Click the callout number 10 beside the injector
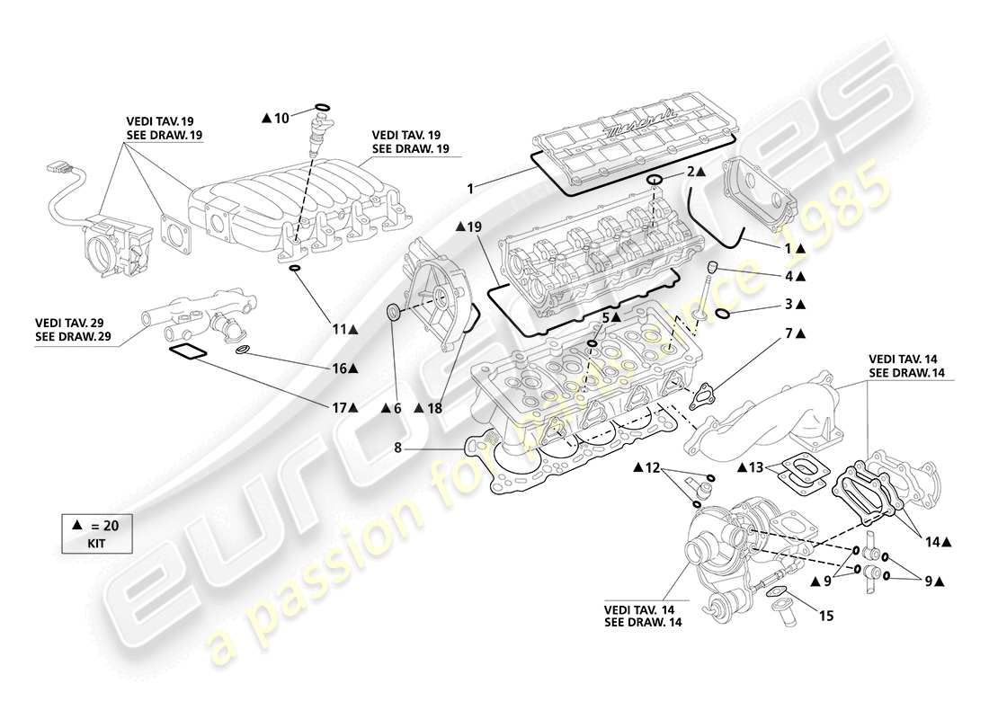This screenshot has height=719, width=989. pyautogui.click(x=281, y=118)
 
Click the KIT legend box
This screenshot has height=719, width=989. pyautogui.click(x=95, y=535)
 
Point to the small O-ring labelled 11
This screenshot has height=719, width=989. pyautogui.click(x=295, y=269)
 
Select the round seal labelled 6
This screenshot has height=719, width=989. pyautogui.click(x=394, y=313)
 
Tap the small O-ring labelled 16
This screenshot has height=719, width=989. pyautogui.click(x=243, y=350)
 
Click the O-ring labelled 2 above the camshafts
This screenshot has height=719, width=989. pyautogui.click(x=655, y=181)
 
